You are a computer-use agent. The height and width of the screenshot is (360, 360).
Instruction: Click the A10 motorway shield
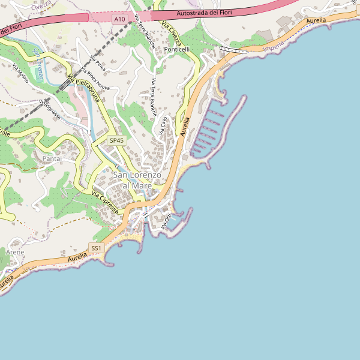pyautogui.click(x=119, y=19)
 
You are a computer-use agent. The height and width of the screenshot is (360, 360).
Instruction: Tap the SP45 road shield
pyautogui.click(x=116, y=140)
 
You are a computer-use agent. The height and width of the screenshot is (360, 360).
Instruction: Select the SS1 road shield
pyautogui.click(x=96, y=248)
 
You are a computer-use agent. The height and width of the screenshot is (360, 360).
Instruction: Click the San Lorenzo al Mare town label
pyautogui.click(x=137, y=180)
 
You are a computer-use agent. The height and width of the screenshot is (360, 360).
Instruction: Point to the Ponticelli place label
pyautogui.click(x=177, y=49)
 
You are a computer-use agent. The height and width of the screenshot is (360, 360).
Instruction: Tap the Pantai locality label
pyautogui.click(x=56, y=158)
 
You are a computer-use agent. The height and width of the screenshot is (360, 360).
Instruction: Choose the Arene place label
pyautogui.click(x=15, y=253)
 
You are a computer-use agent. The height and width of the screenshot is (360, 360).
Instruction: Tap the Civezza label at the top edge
pyautogui.click(x=41, y=4)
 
